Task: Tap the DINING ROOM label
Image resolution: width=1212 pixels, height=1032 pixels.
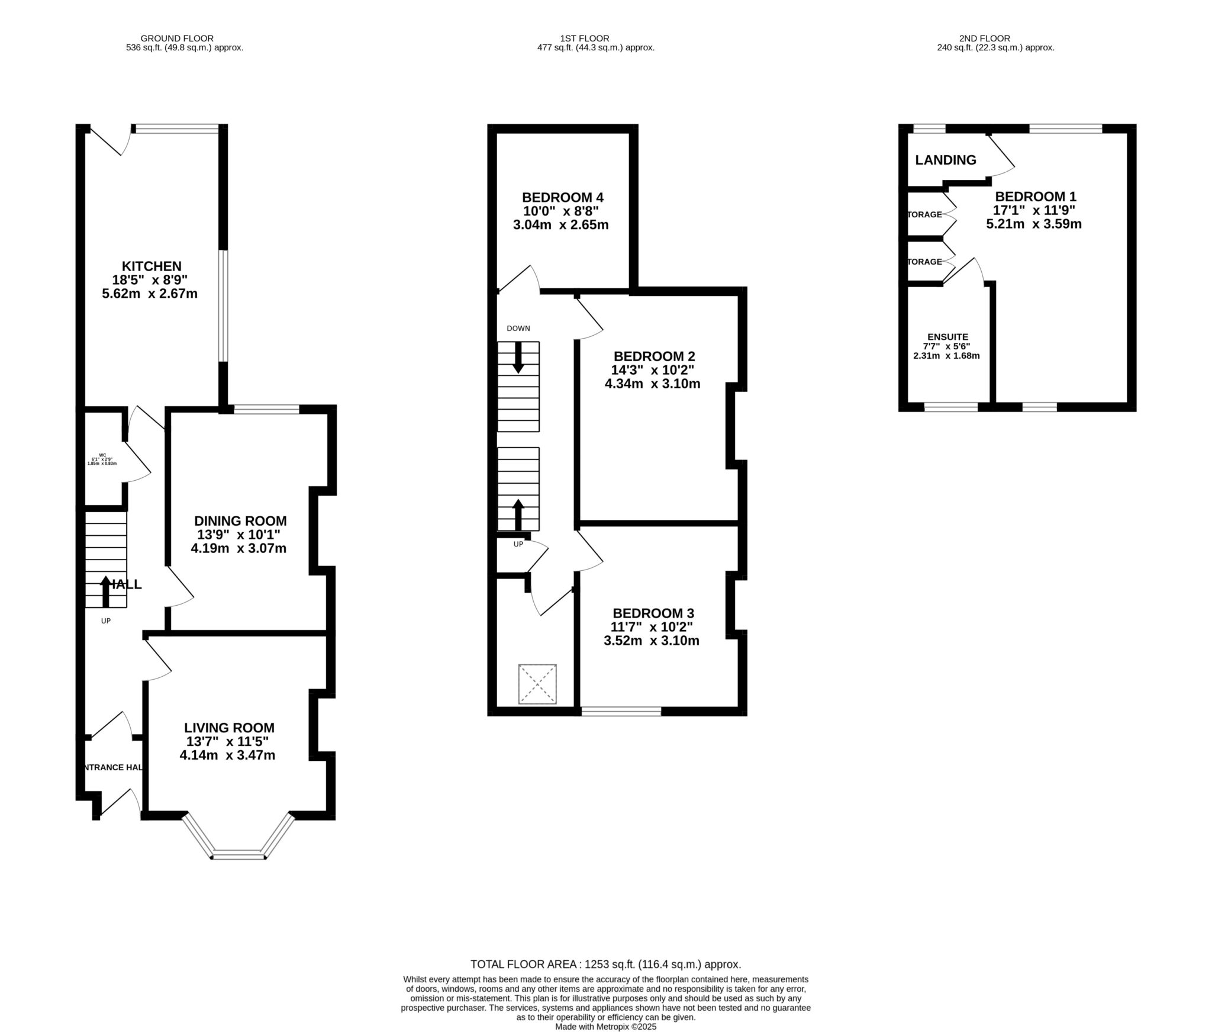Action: pos(240,521)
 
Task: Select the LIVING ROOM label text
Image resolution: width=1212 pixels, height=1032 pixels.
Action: pos(229,728)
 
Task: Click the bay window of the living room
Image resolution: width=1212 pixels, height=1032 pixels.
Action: pos(238,854)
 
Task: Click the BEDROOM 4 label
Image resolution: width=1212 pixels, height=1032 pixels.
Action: pos(562,198)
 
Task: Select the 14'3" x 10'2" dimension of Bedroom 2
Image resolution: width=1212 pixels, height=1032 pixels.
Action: pos(652,370)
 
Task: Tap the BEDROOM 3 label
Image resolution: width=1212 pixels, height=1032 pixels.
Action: pos(653,613)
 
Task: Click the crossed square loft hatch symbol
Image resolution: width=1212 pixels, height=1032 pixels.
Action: pos(537,684)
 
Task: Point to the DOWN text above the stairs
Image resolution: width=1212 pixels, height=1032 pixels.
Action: pos(518,329)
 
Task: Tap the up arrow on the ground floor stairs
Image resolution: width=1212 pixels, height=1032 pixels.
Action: pos(106,591)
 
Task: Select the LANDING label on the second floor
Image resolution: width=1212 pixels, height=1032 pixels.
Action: pos(945,160)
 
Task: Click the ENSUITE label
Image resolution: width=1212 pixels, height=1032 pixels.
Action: pos(947,337)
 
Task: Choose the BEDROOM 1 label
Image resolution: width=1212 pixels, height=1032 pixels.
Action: pos(1036,197)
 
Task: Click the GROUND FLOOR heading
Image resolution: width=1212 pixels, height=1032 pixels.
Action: pos(185,38)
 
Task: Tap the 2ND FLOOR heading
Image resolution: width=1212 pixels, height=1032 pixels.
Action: pos(995,38)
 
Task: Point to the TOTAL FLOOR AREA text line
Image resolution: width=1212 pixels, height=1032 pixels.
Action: pos(605,964)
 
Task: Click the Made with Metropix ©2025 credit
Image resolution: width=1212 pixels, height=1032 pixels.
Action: pos(605,1027)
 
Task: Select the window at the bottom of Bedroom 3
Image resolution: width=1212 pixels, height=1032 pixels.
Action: pos(621,712)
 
